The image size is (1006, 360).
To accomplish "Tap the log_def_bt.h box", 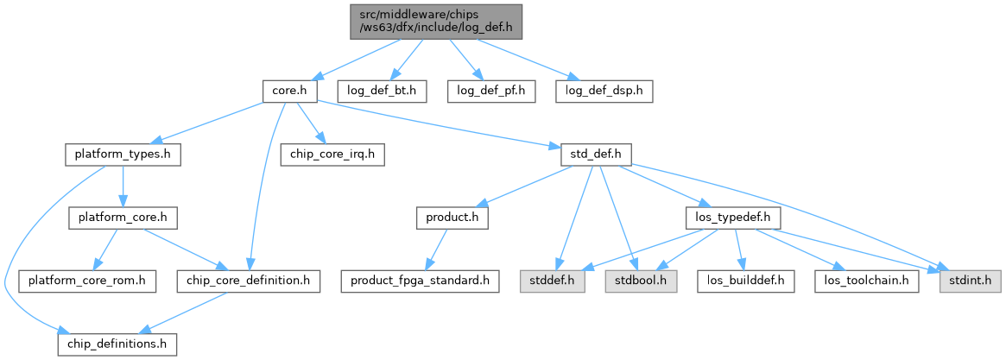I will tap(381, 90).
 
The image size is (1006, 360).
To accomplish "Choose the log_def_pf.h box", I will tap(491, 90).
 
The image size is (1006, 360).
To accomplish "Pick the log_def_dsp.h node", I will tap(604, 90).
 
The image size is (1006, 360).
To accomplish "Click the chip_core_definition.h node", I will tap(249, 281).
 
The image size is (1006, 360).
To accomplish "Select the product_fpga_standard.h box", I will tap(421, 281).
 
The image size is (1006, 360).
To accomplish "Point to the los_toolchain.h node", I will tap(866, 281).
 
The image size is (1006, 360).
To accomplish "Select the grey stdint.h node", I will tap(971, 281).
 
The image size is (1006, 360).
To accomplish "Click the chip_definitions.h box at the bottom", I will tap(117, 344).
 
